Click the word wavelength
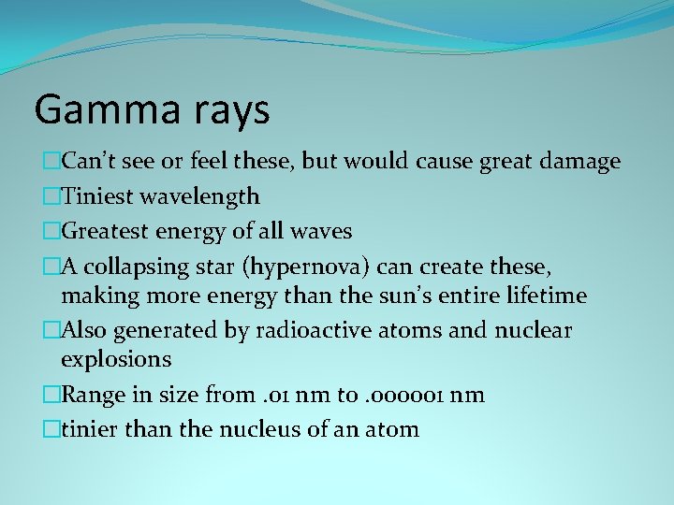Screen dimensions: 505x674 [x=200, y=196]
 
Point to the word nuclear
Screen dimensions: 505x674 [x=532, y=330]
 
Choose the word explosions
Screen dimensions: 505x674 [x=116, y=359]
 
